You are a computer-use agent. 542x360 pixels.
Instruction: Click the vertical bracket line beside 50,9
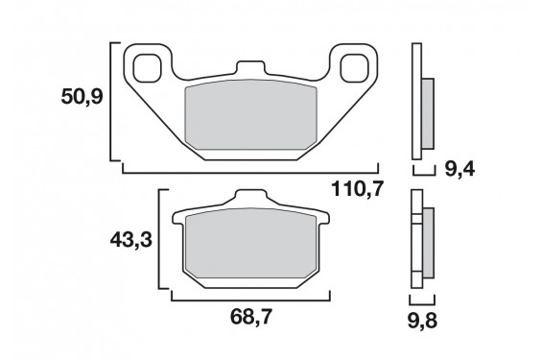pos(115,101)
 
